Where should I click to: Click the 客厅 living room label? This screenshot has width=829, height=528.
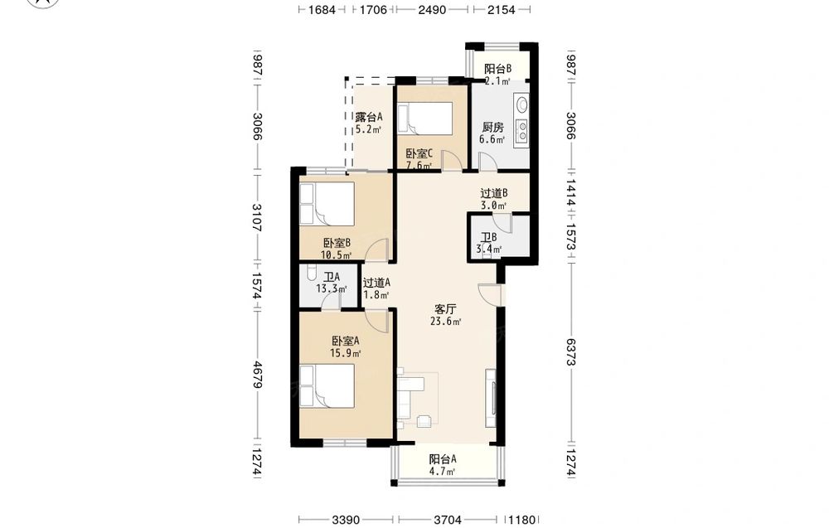click(x=445, y=308)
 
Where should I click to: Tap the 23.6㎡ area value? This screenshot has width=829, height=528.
click(x=446, y=322)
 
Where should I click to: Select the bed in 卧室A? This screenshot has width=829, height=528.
click(x=327, y=385)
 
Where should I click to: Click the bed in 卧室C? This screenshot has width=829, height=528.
click(x=425, y=119)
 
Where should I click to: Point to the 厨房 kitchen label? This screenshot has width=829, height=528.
click(x=492, y=128)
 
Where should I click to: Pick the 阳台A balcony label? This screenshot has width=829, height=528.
click(x=443, y=459)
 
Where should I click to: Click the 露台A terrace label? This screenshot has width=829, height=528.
click(x=369, y=117)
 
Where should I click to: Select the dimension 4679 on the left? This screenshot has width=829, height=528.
click(x=257, y=375)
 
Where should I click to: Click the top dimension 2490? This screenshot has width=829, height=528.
click(x=432, y=9)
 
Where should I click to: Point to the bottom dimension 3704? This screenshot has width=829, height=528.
click(x=448, y=520)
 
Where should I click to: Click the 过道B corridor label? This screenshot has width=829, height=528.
click(x=494, y=193)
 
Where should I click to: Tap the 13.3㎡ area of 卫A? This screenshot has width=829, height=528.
click(x=332, y=289)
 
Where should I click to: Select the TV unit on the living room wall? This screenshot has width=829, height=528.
click(x=491, y=398)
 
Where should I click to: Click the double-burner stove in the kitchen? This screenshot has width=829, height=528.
click(x=522, y=132)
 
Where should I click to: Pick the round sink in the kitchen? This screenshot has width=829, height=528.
click(x=522, y=104)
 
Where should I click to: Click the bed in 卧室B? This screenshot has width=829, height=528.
click(x=327, y=204)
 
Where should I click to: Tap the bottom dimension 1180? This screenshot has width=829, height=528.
click(x=521, y=520)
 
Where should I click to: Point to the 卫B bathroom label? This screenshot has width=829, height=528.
click(x=488, y=238)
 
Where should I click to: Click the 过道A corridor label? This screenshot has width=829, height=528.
click(x=376, y=283)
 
